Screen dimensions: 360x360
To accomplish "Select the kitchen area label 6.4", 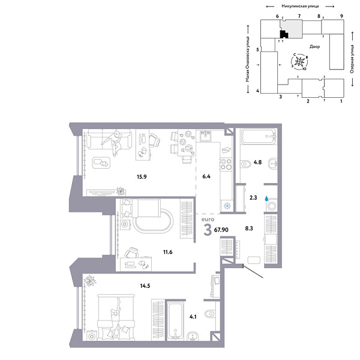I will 207,177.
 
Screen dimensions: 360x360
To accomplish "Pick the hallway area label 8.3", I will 250,229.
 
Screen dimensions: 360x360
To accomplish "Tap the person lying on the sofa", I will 115,141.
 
